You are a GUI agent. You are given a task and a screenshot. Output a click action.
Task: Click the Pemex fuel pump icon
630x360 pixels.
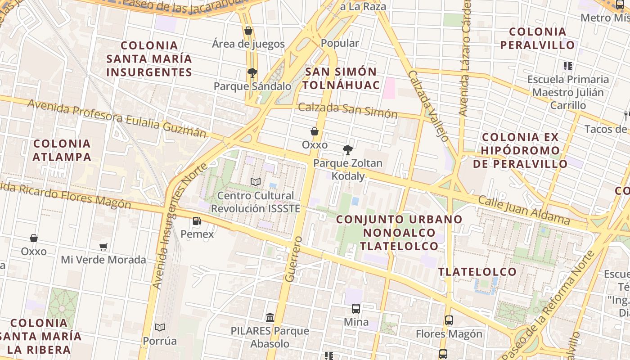pyautogui.click(x=197, y=221)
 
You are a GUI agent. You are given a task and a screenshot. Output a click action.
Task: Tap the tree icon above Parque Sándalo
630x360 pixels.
pyautogui.click(x=252, y=72)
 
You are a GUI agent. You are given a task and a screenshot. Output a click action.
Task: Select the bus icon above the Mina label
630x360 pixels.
pyautogui.click(x=356, y=309)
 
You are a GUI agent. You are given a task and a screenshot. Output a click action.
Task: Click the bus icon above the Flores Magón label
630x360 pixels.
pyautogui.click(x=449, y=320)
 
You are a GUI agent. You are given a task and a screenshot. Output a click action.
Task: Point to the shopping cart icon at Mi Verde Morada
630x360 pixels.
pyautogui.click(x=103, y=247)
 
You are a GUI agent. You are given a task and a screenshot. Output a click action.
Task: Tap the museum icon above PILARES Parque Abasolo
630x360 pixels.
pyautogui.click(x=270, y=318)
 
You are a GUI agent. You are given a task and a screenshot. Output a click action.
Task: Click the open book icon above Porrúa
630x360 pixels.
pyautogui.click(x=160, y=327)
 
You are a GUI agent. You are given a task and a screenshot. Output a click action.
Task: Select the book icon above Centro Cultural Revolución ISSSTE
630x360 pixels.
pyautogui.click(x=256, y=182)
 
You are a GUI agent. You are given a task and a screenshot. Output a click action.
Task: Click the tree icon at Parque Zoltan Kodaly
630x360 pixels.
pyautogui.click(x=347, y=150)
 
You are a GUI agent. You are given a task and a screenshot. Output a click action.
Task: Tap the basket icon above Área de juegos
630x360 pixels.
pyautogui.click(x=248, y=31)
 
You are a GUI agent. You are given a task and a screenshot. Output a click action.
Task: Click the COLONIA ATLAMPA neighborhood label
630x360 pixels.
pyautogui.click(x=62, y=150)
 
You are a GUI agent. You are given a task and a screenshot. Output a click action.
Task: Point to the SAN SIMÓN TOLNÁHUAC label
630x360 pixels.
pyautogui.click(x=341, y=78)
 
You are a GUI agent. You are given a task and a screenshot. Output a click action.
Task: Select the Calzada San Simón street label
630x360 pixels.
pyautogui.click(x=348, y=110)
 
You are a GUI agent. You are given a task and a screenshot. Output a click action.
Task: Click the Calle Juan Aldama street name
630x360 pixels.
pyautogui.click(x=524, y=210)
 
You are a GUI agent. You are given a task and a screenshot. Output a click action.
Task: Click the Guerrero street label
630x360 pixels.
pyautogui.click(x=293, y=259)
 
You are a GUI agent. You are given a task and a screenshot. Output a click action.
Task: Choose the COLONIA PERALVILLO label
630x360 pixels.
pyautogui.click(x=538, y=38)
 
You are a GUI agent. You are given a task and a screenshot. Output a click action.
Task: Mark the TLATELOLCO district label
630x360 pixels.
pyautogui.click(x=477, y=272)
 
